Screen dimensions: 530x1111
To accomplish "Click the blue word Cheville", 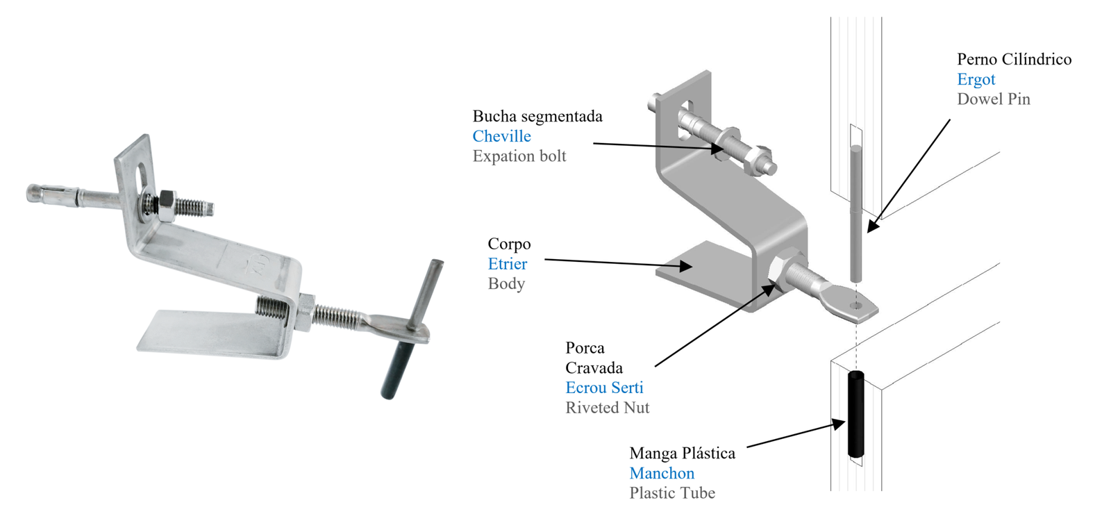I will [x=501, y=136].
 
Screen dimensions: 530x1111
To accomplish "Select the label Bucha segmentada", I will [x=537, y=116].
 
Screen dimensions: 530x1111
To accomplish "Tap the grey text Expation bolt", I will [x=519, y=156].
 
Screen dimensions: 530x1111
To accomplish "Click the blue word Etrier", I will [x=507, y=264].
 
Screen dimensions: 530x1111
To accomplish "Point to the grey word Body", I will [x=506, y=283].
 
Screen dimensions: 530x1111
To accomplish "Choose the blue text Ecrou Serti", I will [x=604, y=388].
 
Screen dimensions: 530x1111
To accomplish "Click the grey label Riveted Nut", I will [x=607, y=408].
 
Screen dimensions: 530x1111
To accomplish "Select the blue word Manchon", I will [x=662, y=473].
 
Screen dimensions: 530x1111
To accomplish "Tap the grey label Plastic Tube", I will [x=672, y=493].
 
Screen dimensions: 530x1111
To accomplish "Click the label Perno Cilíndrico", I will [x=1014, y=59].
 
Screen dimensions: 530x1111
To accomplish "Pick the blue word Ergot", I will [x=976, y=79].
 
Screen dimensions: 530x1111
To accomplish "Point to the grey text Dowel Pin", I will [x=993, y=99].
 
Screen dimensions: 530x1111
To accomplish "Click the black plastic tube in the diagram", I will [x=855, y=415].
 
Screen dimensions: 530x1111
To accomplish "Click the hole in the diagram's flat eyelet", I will [x=855, y=305].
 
